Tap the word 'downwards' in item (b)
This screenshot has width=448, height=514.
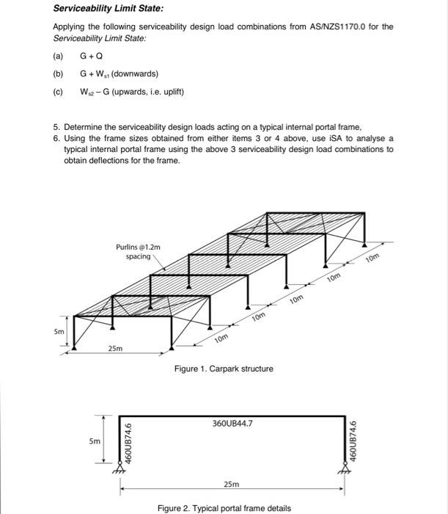[133, 74]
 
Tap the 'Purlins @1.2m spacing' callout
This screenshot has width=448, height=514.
[135, 252]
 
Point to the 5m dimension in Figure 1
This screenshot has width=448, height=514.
[58, 331]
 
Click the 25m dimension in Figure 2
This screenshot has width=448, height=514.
[229, 484]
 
